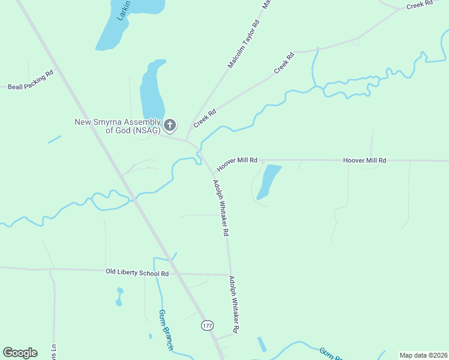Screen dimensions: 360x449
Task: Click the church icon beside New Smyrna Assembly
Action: [170, 125]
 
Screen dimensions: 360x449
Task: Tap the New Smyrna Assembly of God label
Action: [118, 125]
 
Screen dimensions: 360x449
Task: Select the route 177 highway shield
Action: [207, 325]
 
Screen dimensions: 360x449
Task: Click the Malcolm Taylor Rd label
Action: [244, 44]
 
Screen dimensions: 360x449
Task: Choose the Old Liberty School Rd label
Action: [137, 273]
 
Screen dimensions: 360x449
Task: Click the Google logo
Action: [20, 353]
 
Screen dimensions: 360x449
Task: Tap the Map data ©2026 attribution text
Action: [424, 355]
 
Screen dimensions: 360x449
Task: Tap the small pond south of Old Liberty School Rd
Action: [119, 297]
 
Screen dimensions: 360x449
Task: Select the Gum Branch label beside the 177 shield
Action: [166, 329]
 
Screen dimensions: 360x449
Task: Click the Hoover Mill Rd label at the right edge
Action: [364, 160]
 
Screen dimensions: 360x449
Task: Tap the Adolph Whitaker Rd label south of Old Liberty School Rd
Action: [235, 304]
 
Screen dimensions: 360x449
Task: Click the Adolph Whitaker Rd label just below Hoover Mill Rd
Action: [220, 208]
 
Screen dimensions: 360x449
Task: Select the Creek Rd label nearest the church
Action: [205, 118]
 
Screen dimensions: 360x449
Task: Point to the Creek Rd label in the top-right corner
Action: [420, 5]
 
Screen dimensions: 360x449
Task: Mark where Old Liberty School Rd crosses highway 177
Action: [173, 274]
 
